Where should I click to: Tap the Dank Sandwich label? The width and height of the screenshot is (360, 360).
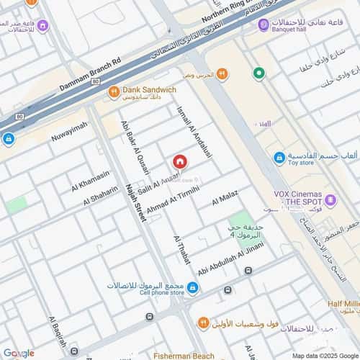[x=149, y=90]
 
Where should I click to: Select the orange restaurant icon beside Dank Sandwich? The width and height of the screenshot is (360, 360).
[x=114, y=91]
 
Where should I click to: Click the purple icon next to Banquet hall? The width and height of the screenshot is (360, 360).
[x=264, y=25]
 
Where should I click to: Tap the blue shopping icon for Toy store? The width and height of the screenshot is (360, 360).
[x=279, y=158]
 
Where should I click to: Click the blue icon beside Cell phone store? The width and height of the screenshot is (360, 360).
[x=192, y=288]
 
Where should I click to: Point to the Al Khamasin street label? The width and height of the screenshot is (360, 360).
[x=91, y=181]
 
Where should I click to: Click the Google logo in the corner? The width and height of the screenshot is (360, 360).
[x=18, y=353]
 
